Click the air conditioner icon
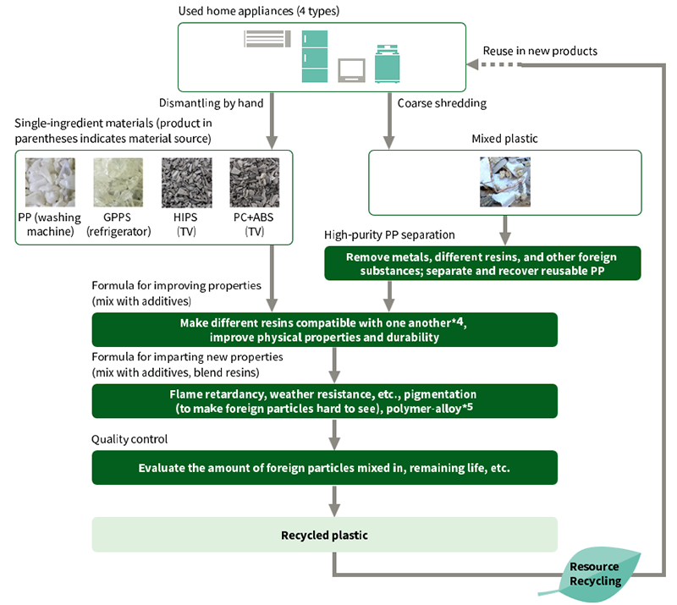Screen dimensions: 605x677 [267, 39]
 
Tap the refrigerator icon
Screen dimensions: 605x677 [315, 56]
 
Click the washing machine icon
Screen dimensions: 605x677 [388, 63]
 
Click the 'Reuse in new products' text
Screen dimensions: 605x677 [540, 51]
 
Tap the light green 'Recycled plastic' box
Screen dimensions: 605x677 [325, 535]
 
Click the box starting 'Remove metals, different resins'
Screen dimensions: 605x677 [482, 263]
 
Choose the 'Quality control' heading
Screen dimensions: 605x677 [129, 439]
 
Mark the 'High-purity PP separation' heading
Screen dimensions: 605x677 [390, 234]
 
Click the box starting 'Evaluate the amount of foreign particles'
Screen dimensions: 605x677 [325, 467]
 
